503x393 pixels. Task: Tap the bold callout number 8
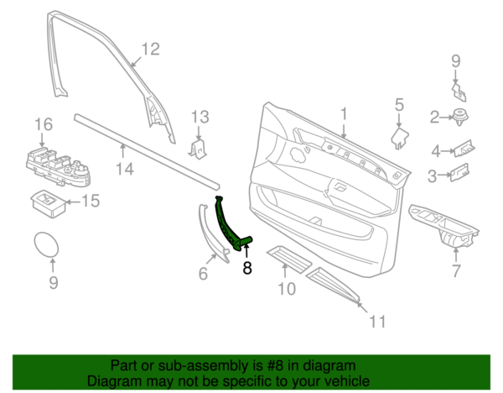tap(247, 268)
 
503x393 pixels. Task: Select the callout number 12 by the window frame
tap(150, 50)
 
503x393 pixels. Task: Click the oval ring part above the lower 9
tap(46, 244)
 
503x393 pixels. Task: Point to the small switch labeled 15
tap(49, 204)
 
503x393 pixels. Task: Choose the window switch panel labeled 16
tap(58, 166)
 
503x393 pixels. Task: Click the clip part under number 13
tap(198, 148)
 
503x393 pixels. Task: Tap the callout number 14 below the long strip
tap(125, 169)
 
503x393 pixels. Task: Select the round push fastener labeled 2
tap(460, 117)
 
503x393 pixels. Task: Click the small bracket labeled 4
tap(464, 148)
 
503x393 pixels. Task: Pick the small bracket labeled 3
tap(459, 172)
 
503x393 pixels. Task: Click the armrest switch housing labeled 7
tap(444, 227)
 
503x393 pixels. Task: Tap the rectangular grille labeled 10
tap(289, 259)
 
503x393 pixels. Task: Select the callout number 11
tap(377, 321)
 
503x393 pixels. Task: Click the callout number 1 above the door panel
tap(344, 114)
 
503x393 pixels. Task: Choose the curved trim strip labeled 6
tap(212, 232)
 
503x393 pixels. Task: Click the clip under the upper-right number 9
tap(459, 92)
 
